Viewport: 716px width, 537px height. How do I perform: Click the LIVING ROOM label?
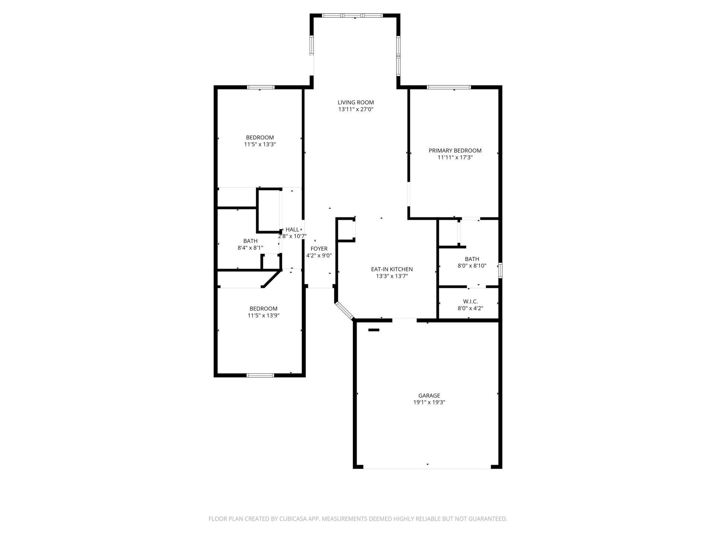tap(355, 103)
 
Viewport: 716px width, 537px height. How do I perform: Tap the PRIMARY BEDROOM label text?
tap(455, 151)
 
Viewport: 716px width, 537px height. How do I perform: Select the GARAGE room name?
tap(429, 396)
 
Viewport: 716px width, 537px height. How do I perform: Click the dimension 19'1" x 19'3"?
tap(429, 403)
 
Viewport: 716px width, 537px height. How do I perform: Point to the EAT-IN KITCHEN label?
tap(392, 269)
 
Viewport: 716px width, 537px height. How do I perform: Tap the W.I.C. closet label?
tap(470, 301)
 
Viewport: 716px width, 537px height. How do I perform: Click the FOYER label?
tap(319, 249)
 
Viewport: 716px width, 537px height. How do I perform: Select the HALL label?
tap(292, 230)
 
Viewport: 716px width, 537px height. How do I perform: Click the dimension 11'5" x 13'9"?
tap(263, 315)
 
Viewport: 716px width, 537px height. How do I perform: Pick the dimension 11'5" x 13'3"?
tap(260, 144)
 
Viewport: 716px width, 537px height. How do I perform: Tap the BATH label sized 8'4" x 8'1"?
tap(250, 241)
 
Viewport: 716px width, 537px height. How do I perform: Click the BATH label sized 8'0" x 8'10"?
tap(472, 259)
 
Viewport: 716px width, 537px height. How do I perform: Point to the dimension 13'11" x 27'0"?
tap(355, 110)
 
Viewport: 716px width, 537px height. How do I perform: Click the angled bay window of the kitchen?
tap(344, 311)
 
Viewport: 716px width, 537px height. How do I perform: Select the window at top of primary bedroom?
tap(449, 88)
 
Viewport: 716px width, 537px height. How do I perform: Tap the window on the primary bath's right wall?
tap(500, 270)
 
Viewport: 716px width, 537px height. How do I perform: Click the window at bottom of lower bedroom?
tap(260, 375)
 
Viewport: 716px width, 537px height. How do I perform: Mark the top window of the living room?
tap(352, 16)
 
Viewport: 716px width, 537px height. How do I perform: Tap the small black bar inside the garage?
tap(374, 330)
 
